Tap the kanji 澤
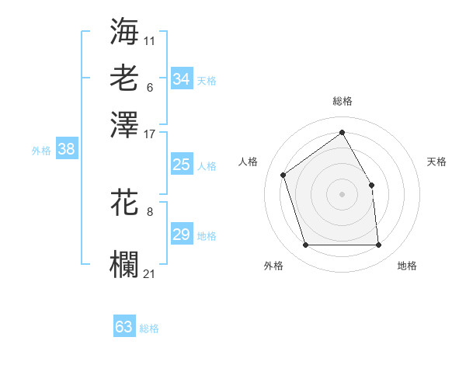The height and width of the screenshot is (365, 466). (125, 123)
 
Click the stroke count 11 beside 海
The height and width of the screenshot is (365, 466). (150, 40)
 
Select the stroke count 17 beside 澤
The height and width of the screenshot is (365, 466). (150, 133)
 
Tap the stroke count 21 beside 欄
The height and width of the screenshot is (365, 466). (150, 273)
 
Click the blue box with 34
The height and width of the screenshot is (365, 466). (181, 78)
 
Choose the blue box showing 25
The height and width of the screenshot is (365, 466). (181, 165)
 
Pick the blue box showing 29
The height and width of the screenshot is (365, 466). (181, 235)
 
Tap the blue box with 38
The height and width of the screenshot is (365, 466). (66, 150)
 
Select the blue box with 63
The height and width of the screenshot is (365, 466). (123, 327)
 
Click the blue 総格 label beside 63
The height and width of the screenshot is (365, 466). (149, 328)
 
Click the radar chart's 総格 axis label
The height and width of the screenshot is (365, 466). (343, 101)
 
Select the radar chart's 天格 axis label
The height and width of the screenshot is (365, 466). (437, 162)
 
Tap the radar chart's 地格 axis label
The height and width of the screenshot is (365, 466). (407, 266)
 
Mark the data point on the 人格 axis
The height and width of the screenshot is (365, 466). (283, 175)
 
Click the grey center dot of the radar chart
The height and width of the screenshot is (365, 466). (343, 193)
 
